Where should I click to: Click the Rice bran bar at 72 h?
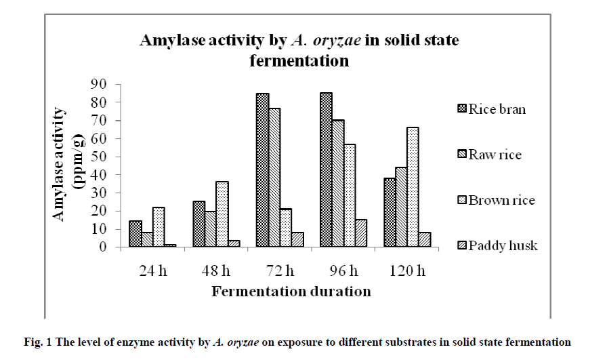click(x=262, y=170)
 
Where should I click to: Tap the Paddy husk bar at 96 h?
click(x=360, y=233)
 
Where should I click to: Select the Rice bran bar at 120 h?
click(x=390, y=212)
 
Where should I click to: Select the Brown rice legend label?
click(x=501, y=200)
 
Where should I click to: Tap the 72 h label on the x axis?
click(x=278, y=272)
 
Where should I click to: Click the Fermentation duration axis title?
click(x=291, y=292)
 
